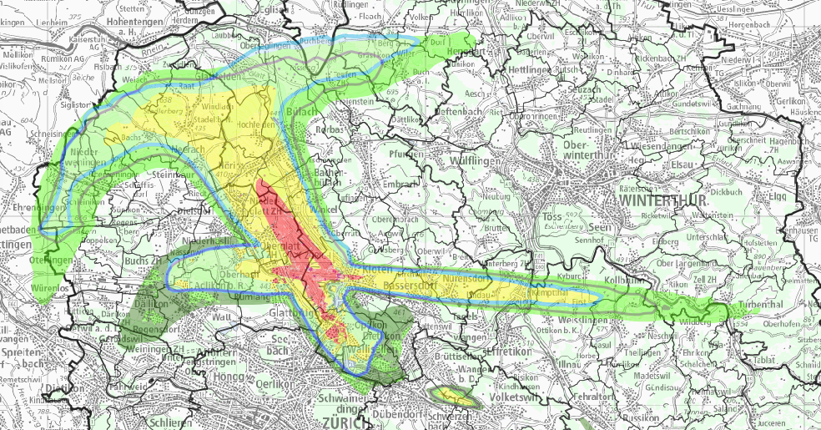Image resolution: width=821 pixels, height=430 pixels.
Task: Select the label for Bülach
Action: [x=298, y=112]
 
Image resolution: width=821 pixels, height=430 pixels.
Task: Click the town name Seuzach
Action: [x=583, y=89]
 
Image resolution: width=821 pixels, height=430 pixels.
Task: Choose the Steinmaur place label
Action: [x=174, y=175]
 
